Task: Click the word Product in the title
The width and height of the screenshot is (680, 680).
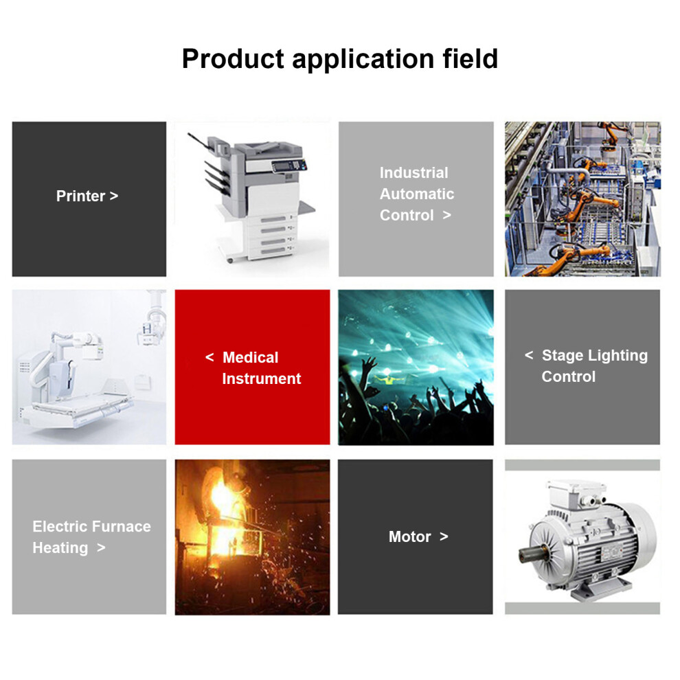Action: pyautogui.click(x=233, y=59)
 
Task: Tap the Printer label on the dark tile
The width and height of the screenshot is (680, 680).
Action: pyautogui.click(x=80, y=196)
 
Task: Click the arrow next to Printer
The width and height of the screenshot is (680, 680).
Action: pyautogui.click(x=114, y=196)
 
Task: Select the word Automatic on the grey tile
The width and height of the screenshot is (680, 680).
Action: pyautogui.click(x=417, y=194)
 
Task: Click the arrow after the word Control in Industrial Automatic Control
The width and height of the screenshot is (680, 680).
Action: pyautogui.click(x=446, y=215)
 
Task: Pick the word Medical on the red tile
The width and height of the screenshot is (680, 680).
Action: pyautogui.click(x=250, y=357)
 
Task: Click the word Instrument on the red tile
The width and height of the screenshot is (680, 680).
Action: pyautogui.click(x=262, y=378)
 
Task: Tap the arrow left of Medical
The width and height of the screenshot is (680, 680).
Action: pyautogui.click(x=209, y=357)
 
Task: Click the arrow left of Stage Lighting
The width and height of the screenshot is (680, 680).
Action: pyautogui.click(x=529, y=355)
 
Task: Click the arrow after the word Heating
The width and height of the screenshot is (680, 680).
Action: pyautogui.click(x=101, y=547)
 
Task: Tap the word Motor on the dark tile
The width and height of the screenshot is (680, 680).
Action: pyautogui.click(x=410, y=537)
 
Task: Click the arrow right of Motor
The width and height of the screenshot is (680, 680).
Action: pyautogui.click(x=444, y=537)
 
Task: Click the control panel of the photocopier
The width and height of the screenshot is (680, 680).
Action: pyautogui.click(x=288, y=166)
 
